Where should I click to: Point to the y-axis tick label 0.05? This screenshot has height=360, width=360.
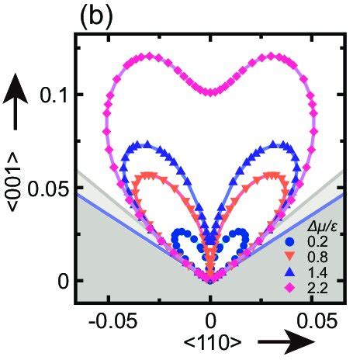coord(48,188)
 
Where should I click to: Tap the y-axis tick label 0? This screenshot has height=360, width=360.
coord(63,281)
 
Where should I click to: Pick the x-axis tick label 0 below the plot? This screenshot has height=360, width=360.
coord(209,319)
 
